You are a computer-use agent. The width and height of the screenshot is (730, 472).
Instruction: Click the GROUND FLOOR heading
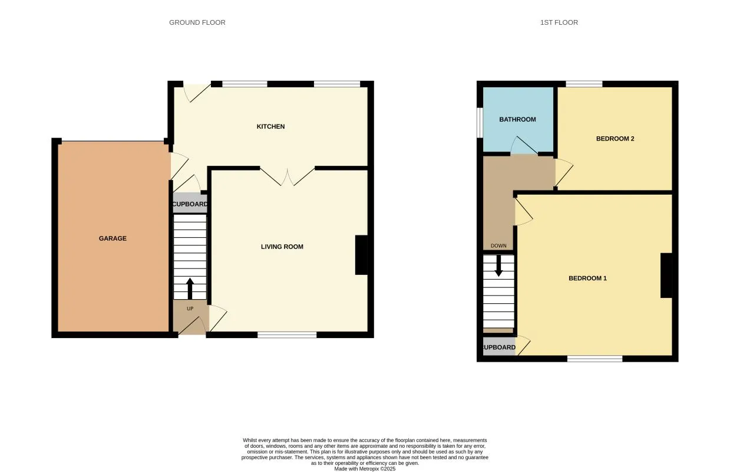pos(197,22)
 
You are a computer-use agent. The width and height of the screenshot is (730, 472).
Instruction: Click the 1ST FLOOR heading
pos(559,22)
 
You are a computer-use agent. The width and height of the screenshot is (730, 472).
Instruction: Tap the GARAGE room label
pos(112,238)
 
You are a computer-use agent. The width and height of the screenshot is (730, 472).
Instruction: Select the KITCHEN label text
pos(270,126)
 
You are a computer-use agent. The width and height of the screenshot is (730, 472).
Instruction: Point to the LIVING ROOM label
pos(282,247)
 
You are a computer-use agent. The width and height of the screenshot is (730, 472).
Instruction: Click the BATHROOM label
pos(517,119)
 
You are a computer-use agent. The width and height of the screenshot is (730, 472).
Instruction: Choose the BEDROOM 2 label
pos(615,139)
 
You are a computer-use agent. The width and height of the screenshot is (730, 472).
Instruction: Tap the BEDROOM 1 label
pos(587,278)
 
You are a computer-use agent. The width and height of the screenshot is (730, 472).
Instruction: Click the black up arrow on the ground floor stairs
pos(190,288)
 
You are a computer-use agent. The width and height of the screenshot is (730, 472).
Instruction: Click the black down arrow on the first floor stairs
pos(498,266)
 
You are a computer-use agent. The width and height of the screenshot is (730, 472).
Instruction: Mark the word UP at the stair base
pos(190,309)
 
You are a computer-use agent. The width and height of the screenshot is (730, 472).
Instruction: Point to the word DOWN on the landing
pos(498,246)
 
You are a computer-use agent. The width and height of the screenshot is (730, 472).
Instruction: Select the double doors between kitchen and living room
pos(287,176)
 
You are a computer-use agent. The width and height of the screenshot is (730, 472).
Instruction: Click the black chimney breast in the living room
pos(361,255)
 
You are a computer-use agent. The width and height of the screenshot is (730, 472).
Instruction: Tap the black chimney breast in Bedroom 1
pos(666,276)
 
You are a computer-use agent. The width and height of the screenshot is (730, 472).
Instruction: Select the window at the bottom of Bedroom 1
pos(594,358)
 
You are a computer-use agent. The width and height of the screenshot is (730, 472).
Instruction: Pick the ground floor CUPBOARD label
pos(190,204)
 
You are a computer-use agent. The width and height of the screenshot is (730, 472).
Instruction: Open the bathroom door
pos(524,146)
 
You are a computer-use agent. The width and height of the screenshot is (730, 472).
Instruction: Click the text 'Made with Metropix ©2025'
pos(365,469)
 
